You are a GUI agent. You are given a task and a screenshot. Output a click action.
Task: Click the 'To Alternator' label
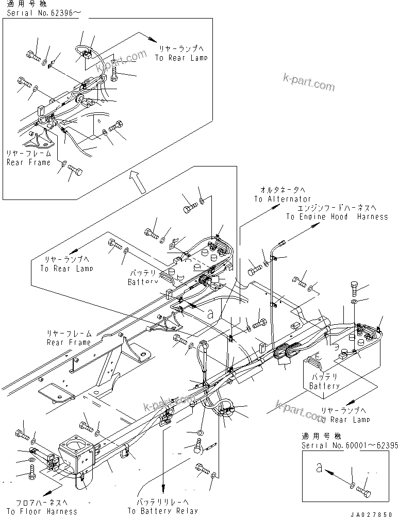click(x=282, y=199)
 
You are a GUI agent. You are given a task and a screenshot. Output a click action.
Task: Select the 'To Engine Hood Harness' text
click(x=337, y=217)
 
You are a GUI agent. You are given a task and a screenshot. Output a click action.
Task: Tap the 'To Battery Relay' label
click(x=162, y=511)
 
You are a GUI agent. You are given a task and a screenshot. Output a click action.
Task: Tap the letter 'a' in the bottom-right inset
click(x=320, y=469)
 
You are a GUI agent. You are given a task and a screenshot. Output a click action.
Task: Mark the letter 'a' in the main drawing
click(x=210, y=312)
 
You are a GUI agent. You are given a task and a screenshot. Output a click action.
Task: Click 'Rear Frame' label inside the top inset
click(x=28, y=162)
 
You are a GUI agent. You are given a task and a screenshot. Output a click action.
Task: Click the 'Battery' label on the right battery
click(x=324, y=386)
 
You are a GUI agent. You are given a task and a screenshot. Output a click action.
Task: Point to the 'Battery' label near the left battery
click(x=142, y=282)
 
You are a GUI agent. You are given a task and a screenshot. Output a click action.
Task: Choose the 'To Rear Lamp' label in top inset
click(x=181, y=58)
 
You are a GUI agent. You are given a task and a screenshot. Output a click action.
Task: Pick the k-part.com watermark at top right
click(x=309, y=82)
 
